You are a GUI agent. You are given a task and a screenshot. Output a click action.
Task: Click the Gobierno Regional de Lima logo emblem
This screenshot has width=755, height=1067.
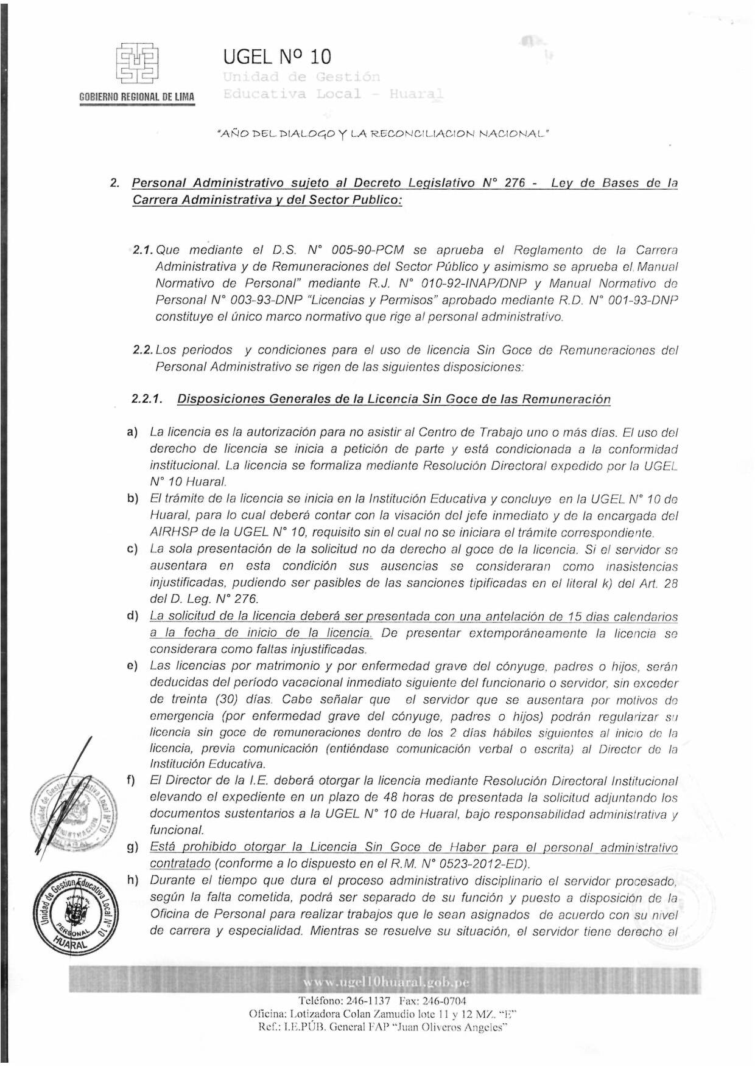[137, 63]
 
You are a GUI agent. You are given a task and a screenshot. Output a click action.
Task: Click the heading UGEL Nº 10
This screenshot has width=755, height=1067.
[277, 57]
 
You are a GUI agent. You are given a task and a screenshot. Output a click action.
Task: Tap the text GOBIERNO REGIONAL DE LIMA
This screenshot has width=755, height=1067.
[137, 97]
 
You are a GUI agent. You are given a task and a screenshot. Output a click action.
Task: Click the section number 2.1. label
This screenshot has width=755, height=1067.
[144, 250]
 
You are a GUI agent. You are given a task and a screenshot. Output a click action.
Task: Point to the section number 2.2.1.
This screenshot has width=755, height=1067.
[147, 399]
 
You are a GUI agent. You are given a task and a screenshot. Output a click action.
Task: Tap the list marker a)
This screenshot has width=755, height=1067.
[132, 433]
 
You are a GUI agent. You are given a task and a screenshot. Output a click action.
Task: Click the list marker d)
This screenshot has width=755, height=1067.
[132, 616]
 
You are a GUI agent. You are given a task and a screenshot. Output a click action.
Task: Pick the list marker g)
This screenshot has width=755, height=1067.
[132, 847]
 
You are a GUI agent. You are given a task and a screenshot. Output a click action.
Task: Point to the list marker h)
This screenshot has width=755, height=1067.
[132, 880]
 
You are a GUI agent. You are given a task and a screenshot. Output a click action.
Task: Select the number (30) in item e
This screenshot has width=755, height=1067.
[226, 699]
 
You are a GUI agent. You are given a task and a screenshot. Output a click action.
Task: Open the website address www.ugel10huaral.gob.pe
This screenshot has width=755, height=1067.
[386, 982]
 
